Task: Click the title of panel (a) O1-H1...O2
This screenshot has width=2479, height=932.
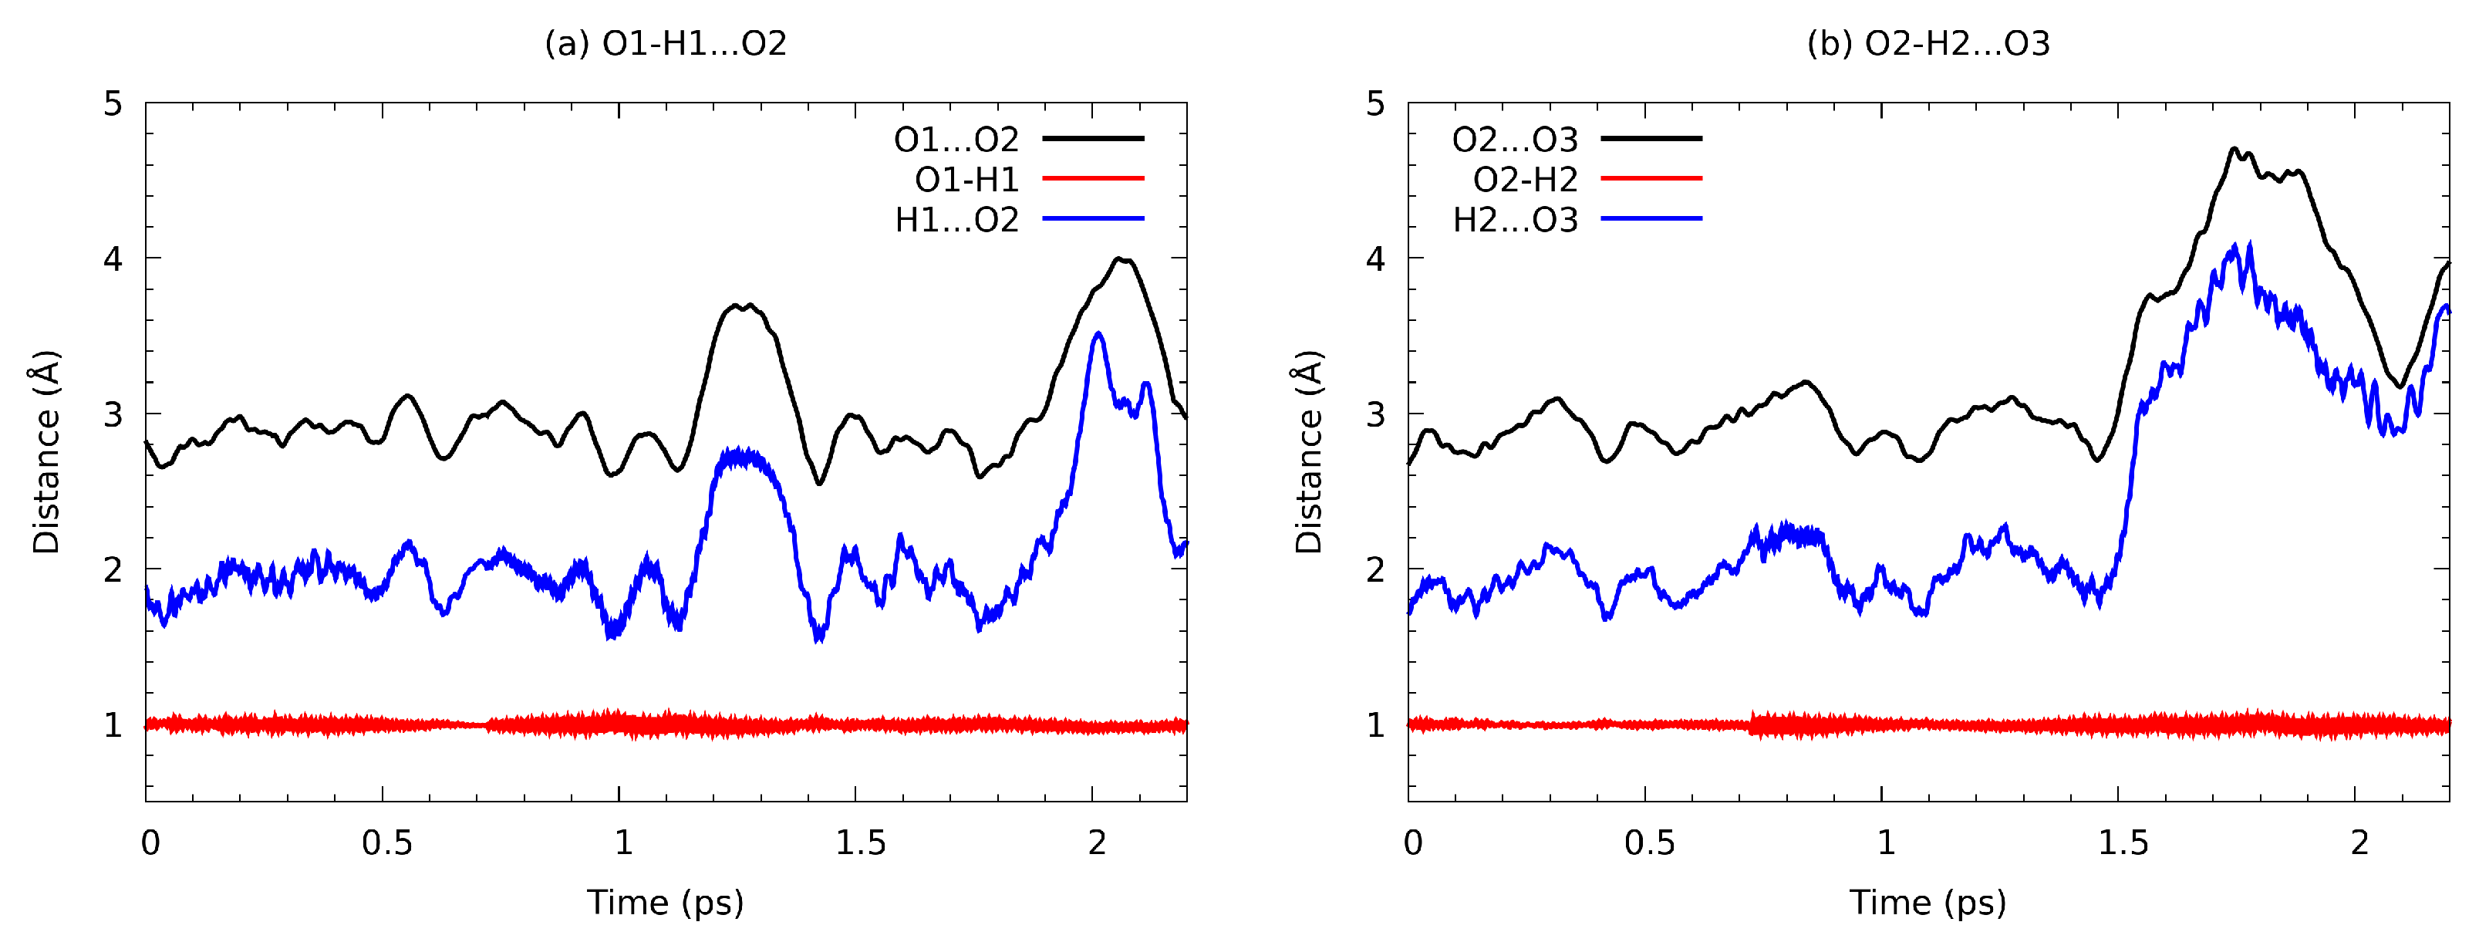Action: click(x=665, y=43)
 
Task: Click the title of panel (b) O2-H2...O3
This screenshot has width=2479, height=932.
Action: click(x=1928, y=43)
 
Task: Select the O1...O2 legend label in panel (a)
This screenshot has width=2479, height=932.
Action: click(x=956, y=140)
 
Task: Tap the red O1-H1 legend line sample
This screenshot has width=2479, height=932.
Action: click(x=1093, y=179)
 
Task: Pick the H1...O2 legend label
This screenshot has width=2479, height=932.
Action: click(x=956, y=221)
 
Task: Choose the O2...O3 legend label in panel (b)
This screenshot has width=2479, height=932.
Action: click(x=1515, y=140)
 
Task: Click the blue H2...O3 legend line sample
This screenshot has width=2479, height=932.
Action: click(x=1651, y=220)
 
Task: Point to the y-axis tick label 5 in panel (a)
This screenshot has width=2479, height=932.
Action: click(x=113, y=104)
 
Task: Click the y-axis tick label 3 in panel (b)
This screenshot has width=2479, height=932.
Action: click(x=1376, y=415)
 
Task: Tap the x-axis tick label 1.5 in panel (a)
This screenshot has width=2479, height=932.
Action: click(x=858, y=843)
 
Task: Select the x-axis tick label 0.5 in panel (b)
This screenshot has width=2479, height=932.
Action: click(x=1648, y=843)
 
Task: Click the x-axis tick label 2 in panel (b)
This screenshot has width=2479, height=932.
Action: click(x=2359, y=843)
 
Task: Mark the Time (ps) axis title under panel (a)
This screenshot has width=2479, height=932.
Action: click(x=665, y=903)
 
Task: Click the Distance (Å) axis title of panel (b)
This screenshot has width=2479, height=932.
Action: click(x=1309, y=453)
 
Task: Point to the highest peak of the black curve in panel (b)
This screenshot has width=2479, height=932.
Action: click(x=2234, y=149)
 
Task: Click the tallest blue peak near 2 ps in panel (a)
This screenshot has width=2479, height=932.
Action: click(x=1098, y=334)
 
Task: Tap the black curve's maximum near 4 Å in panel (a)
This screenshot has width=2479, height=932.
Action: click(x=1120, y=259)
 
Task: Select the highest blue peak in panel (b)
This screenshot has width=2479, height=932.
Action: click(x=2249, y=245)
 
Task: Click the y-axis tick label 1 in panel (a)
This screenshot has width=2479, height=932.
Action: click(x=113, y=725)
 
